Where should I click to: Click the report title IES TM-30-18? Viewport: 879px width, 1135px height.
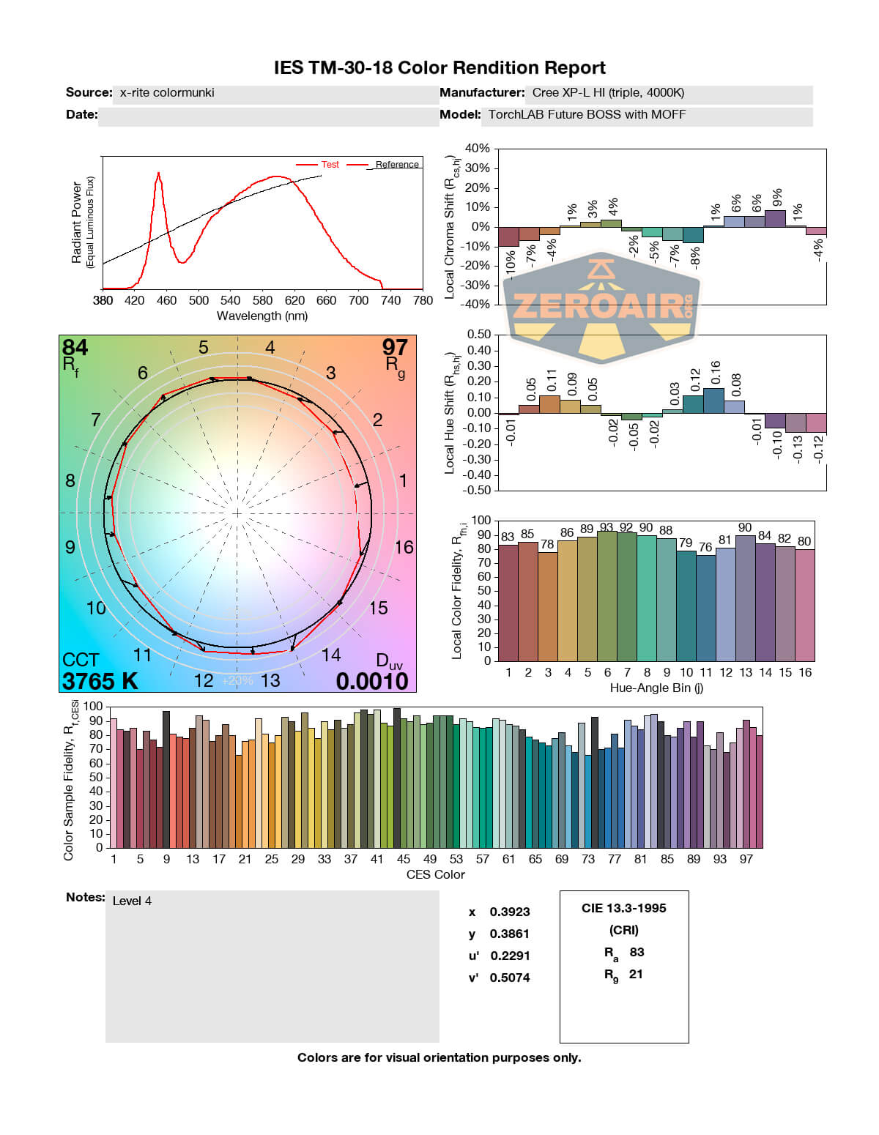439,68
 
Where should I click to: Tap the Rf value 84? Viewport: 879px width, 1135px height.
75,347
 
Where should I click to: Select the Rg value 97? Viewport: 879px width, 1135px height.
395,347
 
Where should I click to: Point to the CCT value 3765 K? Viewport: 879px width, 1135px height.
100,681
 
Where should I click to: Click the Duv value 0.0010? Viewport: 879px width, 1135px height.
372,681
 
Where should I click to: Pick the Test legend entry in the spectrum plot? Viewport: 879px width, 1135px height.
330,165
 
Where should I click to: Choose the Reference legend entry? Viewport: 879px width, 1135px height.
396,165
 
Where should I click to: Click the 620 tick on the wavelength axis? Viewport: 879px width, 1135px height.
294,300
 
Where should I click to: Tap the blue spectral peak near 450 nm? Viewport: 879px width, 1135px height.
158,174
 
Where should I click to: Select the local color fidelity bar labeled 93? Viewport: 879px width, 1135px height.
607,595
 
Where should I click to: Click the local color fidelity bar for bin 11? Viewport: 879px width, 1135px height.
705,608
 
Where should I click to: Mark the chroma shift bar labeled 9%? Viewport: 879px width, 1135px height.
775,218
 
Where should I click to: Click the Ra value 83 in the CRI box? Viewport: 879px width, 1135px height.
637,952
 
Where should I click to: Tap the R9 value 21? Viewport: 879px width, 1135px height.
636,974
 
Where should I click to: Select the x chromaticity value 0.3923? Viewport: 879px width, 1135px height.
509,912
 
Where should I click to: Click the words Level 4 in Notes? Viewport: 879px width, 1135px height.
132,901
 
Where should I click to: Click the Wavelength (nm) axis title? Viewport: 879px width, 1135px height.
262,316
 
